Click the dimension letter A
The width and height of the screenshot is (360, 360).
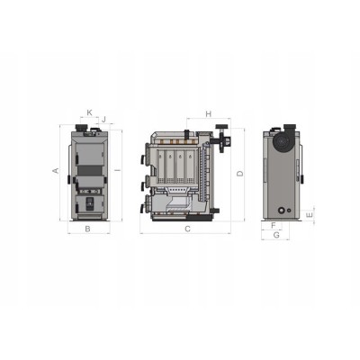point(56,170)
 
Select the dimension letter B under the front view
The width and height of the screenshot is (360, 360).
point(87,229)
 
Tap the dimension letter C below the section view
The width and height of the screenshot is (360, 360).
point(187,229)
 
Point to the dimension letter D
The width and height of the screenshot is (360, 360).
point(240,174)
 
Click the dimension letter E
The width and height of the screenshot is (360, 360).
point(310,215)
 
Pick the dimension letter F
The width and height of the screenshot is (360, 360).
point(274,225)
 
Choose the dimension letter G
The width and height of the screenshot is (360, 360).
point(276,235)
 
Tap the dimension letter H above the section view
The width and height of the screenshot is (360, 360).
point(209,114)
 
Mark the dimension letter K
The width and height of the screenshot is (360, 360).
point(89,112)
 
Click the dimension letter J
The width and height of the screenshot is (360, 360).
point(104,120)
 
